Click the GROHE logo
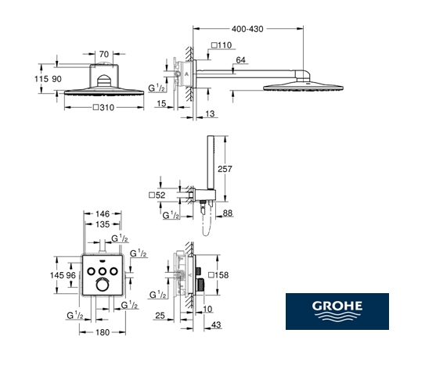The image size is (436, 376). [x=337, y=311]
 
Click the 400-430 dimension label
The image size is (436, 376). [x=247, y=29]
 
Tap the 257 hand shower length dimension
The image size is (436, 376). [x=225, y=169]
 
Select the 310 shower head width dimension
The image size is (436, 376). [x=104, y=107]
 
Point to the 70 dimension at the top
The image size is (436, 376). [x=104, y=54]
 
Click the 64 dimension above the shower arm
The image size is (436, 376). [x=240, y=60]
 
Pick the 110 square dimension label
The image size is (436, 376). [x=222, y=45]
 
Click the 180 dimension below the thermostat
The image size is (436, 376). [x=103, y=332]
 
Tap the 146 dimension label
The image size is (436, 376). [x=103, y=214]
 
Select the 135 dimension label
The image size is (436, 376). [x=103, y=224]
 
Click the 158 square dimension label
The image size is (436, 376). [x=218, y=275]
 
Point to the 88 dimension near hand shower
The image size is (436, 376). [x=228, y=213]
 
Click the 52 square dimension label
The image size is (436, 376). [x=157, y=195]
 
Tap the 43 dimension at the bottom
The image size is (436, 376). [x=216, y=324]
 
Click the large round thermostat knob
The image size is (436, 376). [x=102, y=285]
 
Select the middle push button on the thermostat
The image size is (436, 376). [x=103, y=271]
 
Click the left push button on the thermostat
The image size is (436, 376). [x=92, y=271]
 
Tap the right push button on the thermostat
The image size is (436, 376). [x=114, y=271]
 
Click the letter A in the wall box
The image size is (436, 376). [x=186, y=73]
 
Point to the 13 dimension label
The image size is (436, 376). [x=210, y=113]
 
